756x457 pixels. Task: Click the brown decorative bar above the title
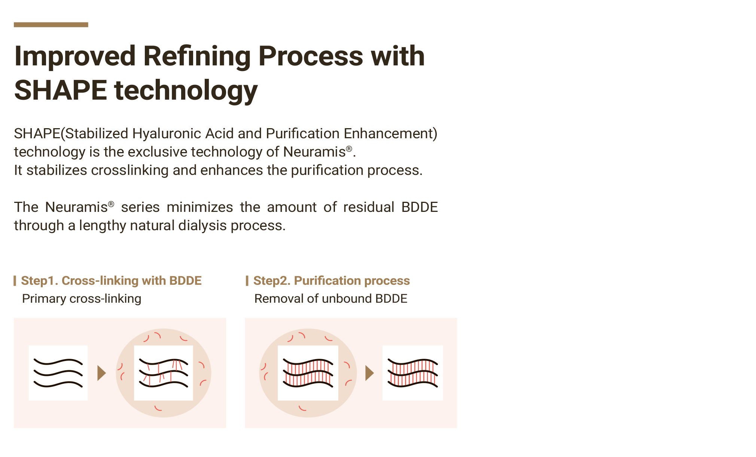coord(51,25)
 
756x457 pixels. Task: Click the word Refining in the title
coord(196,56)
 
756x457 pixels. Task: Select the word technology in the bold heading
coord(186,90)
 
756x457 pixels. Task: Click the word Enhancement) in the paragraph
coord(390,133)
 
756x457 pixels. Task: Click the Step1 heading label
coord(111,280)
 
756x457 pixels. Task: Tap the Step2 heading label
coord(331,280)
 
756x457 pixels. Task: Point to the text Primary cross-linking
coord(82,299)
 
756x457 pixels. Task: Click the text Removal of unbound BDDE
coord(330,299)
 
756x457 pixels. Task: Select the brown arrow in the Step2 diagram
coord(369,373)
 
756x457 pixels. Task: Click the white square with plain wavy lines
coord(58,373)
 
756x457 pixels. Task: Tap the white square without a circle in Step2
coord(412,373)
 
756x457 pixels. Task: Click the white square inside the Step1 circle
coord(164,373)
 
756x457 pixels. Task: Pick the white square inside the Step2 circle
coord(308,373)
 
